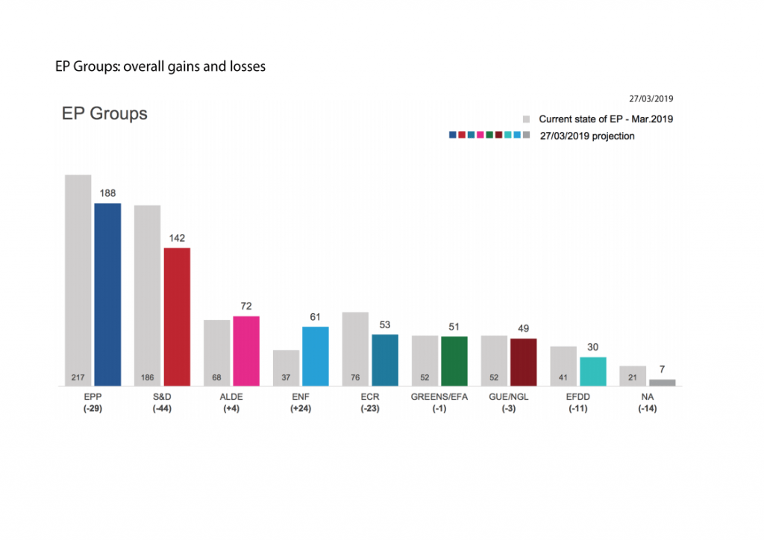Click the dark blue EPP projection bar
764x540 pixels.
click(x=107, y=294)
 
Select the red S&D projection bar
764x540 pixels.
click(x=177, y=316)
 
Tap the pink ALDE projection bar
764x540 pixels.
click(x=246, y=351)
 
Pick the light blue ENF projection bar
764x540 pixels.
click(x=316, y=356)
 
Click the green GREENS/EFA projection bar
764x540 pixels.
click(x=454, y=361)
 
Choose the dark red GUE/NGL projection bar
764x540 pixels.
click(x=523, y=362)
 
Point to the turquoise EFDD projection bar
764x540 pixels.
click(x=592, y=371)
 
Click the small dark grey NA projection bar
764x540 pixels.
click(x=662, y=383)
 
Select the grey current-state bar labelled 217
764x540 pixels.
click(x=78, y=280)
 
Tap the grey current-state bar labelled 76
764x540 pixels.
click(x=355, y=348)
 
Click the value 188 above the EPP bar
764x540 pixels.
click(x=107, y=193)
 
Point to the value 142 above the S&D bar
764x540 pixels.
click(x=177, y=238)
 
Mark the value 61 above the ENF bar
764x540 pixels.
click(x=316, y=317)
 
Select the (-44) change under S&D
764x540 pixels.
click(x=161, y=409)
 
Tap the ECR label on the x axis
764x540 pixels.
click(x=369, y=397)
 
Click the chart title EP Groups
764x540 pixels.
click(x=104, y=114)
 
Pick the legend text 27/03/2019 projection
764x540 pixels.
click(x=586, y=136)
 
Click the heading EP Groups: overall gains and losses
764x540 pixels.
click(x=160, y=66)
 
